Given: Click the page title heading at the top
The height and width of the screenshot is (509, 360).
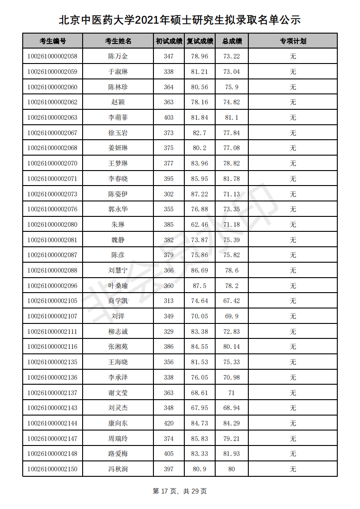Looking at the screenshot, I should pyautogui.click(x=180, y=20).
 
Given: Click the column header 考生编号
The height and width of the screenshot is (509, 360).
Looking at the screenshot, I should pyautogui.click(x=53, y=41).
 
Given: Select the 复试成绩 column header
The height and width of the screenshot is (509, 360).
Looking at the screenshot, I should pyautogui.click(x=200, y=41).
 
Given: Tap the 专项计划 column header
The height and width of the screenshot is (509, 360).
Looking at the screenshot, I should pyautogui.click(x=293, y=41).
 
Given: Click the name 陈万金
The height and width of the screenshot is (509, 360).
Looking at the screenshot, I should pyautogui.click(x=118, y=57).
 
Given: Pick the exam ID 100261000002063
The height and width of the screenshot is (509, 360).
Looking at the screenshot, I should pyautogui.click(x=52, y=117).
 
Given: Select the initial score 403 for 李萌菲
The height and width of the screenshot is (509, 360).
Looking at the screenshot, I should pyautogui.click(x=168, y=117).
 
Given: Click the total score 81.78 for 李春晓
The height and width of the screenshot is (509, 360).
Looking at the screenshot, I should pyautogui.click(x=232, y=179).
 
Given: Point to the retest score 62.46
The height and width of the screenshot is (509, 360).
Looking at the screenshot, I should pyautogui.click(x=200, y=225).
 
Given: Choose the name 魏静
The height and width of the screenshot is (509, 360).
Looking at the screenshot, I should pyautogui.click(x=118, y=240).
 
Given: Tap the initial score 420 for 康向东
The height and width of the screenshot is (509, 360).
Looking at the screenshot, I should pyautogui.click(x=168, y=423).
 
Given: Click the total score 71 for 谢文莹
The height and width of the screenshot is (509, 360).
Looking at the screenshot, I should pyautogui.click(x=232, y=393).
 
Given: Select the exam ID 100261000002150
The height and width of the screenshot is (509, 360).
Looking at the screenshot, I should pyautogui.click(x=52, y=469).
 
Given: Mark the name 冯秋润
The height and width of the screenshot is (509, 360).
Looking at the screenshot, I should pyautogui.click(x=118, y=469).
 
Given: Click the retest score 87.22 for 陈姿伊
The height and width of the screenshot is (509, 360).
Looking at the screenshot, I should pyautogui.click(x=200, y=194).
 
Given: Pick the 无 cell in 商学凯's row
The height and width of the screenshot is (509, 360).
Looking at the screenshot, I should pyautogui.click(x=293, y=301).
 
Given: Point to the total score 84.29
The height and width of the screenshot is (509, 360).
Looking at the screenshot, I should pyautogui.click(x=232, y=423).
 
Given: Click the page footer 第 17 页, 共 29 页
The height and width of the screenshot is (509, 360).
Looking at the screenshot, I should pyautogui.click(x=180, y=491).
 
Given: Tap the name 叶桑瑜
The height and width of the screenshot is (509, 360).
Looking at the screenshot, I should pyautogui.click(x=118, y=286).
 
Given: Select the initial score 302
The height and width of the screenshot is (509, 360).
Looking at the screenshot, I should pyautogui.click(x=168, y=194).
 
